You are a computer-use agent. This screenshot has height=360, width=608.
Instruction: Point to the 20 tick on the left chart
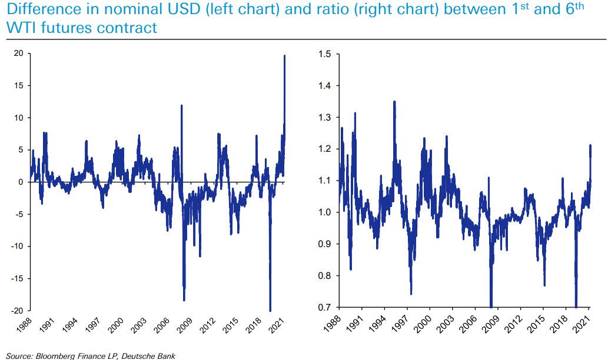(18, 54)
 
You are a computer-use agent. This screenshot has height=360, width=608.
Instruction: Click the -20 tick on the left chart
(17, 311)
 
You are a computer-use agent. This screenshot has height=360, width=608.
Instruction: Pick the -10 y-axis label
(17, 246)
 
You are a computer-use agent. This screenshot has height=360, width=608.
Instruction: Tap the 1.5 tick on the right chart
(324, 54)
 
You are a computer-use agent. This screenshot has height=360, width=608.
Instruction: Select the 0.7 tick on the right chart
(324, 308)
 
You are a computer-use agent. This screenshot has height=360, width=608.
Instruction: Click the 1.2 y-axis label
(324, 149)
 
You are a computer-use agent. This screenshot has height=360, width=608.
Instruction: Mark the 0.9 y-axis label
(324, 244)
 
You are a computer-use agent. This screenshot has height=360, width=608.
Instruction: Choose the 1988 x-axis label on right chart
(333, 324)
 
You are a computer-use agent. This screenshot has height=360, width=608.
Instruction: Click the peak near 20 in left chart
(285, 56)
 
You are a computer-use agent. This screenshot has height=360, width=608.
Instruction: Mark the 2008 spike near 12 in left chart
(181, 106)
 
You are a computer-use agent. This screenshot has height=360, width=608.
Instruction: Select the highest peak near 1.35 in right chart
(394, 102)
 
